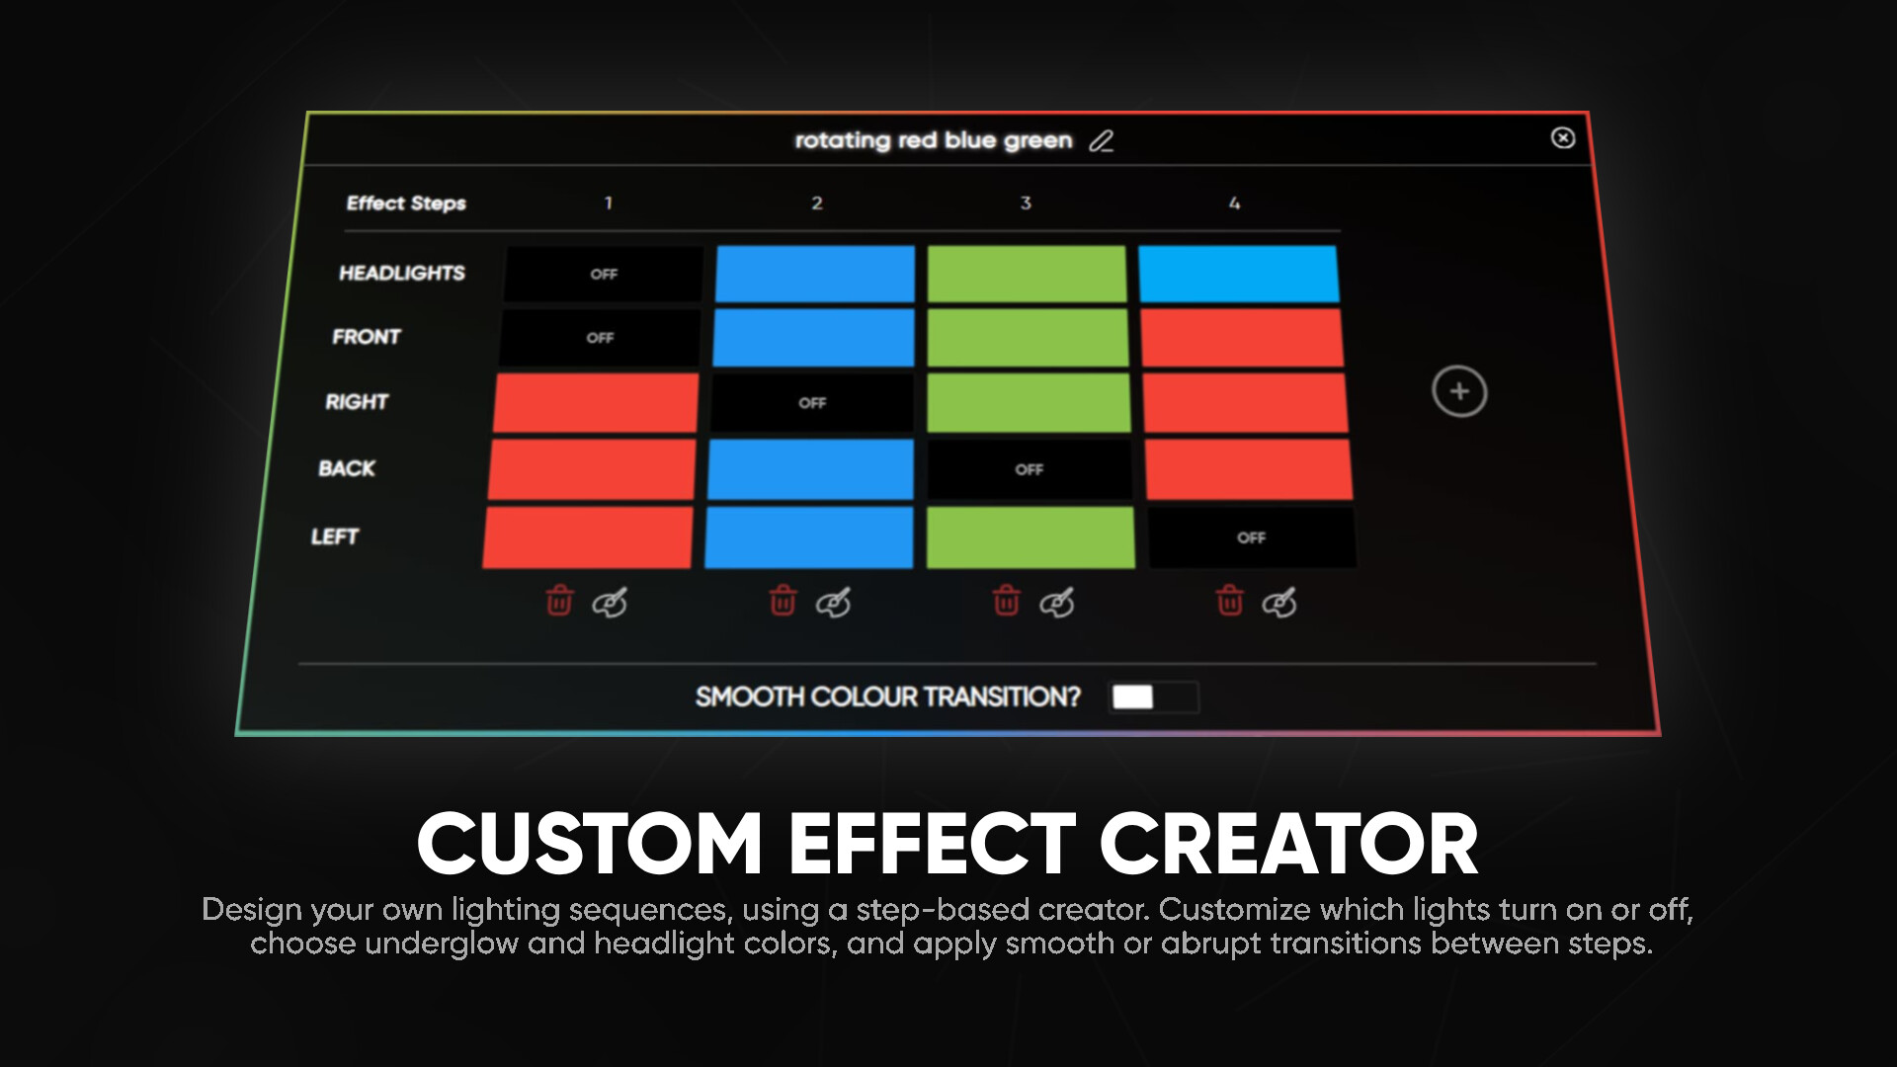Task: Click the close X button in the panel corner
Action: coord(1562,138)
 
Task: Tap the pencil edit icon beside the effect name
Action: coord(1101,141)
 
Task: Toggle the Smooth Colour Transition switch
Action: coord(1154,698)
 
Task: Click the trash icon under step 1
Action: coord(559,600)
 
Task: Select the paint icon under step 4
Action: coord(1279,602)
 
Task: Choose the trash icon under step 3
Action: coord(1006,600)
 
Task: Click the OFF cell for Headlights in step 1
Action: coord(604,274)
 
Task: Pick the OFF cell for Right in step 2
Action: coord(812,402)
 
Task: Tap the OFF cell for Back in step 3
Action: coord(1029,469)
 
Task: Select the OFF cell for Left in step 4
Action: coord(1251,537)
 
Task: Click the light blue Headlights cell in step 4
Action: coord(1238,274)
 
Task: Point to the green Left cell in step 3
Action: coord(1031,537)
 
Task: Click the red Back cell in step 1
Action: coord(592,469)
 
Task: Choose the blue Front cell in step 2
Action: coord(813,337)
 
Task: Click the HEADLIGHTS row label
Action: coord(402,273)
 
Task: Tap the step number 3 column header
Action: coord(1026,203)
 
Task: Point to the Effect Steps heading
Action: coord(406,203)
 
